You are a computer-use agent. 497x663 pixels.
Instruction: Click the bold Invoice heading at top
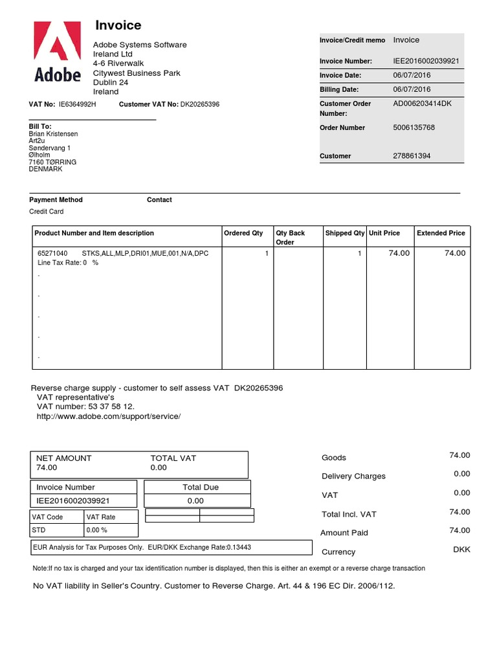click(x=118, y=25)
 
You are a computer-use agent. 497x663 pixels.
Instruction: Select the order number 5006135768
click(x=414, y=128)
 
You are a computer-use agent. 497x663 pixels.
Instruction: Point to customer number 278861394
click(x=412, y=156)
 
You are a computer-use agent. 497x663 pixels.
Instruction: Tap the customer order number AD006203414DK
click(x=423, y=104)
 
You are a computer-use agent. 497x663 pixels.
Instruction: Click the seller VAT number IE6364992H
click(x=77, y=104)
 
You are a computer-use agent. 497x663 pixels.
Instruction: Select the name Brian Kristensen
click(x=54, y=134)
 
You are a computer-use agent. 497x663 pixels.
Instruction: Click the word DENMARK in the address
click(x=46, y=169)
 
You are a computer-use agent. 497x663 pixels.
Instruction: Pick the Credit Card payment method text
click(x=47, y=212)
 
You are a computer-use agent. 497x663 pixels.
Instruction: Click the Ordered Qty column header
click(x=243, y=233)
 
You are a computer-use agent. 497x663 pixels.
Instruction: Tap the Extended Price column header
click(x=441, y=233)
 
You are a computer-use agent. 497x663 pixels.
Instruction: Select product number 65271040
click(x=52, y=253)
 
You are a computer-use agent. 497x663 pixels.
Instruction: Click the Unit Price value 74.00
click(x=399, y=253)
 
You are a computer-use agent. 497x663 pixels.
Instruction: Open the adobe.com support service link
click(x=109, y=416)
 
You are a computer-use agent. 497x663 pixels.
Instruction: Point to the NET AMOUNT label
click(x=64, y=458)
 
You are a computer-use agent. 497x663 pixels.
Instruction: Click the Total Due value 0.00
click(x=195, y=500)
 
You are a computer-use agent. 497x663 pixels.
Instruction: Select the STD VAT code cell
click(x=39, y=530)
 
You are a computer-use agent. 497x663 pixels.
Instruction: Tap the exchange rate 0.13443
click(x=239, y=547)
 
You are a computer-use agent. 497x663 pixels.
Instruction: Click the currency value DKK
click(x=462, y=550)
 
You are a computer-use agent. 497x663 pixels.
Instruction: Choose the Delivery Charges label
click(x=353, y=477)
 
